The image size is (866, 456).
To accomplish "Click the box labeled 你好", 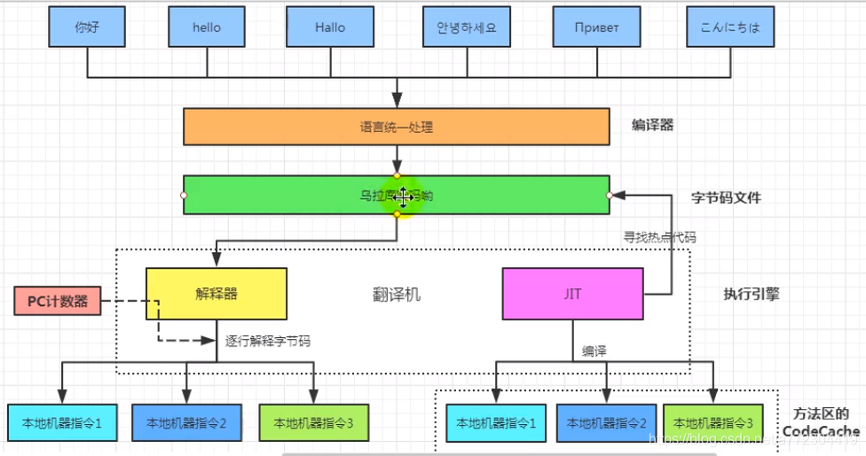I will tap(87, 27).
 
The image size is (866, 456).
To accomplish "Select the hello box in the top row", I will tap(206, 27).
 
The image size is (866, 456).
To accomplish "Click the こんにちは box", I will tap(722, 27).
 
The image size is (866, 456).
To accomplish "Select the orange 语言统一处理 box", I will tap(396, 126).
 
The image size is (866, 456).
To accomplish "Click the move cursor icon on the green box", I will tap(404, 196).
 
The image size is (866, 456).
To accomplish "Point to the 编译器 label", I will tap(652, 125).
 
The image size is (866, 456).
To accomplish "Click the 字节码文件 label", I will tap(726, 198).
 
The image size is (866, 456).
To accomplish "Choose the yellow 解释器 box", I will tap(216, 294).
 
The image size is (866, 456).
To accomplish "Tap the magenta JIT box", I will tap(572, 294).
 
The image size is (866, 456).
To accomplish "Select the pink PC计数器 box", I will tap(58, 301).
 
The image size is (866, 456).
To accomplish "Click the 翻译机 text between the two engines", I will tap(397, 295).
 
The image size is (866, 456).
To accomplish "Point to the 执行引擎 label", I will tap(751, 295).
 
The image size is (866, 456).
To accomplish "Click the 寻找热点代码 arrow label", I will tap(659, 237).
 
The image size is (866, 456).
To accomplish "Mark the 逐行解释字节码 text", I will tap(267, 341).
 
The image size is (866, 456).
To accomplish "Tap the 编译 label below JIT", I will tap(594, 352).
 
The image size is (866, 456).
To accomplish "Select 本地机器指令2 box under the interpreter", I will tap(186, 423).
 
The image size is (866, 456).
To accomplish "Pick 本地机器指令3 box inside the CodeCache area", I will tap(712, 423).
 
